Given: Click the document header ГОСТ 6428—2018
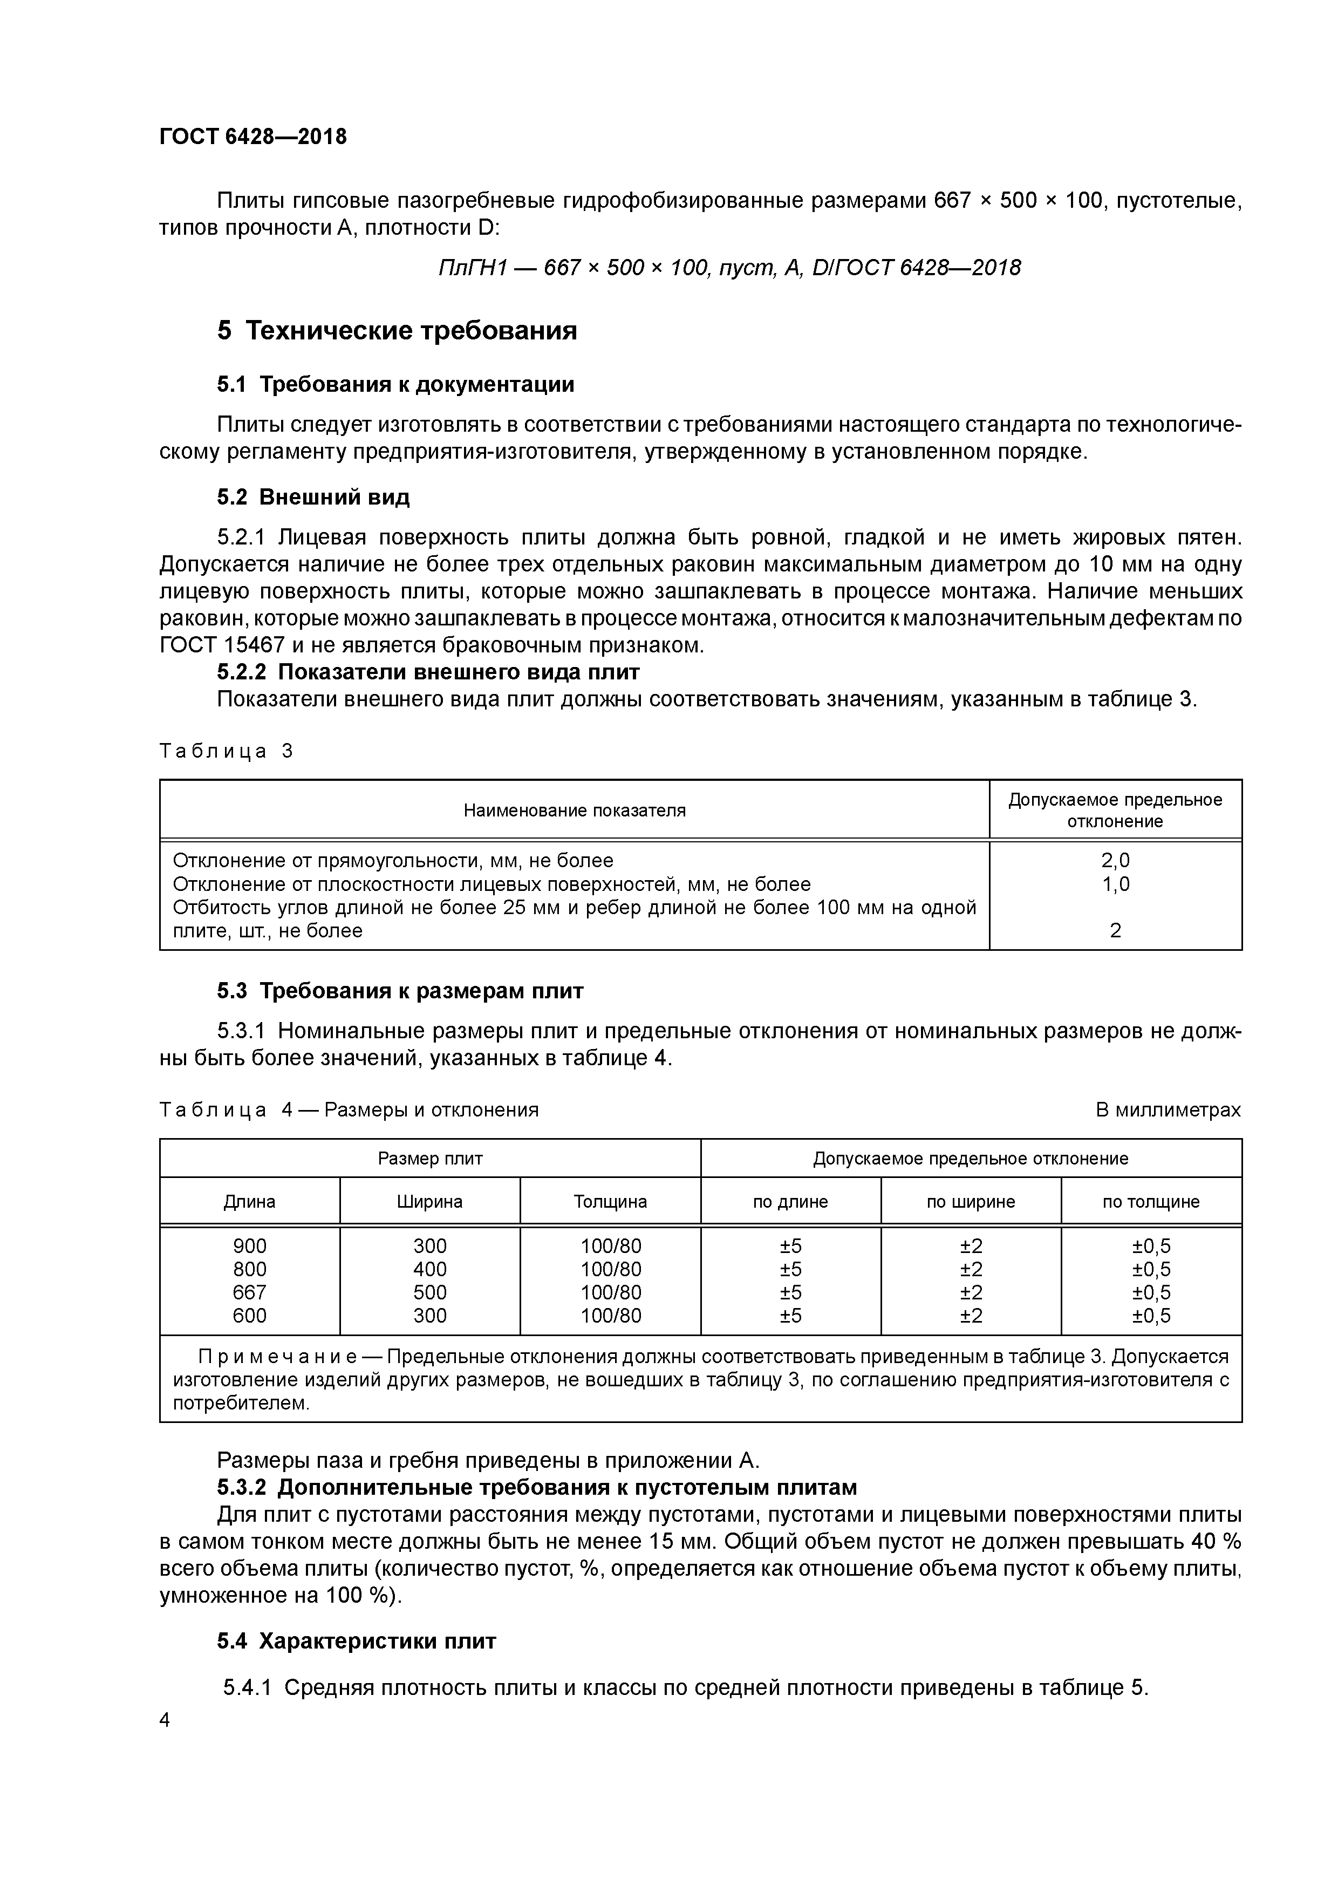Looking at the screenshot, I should pyautogui.click(x=253, y=137).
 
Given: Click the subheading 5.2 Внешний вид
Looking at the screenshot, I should pyautogui.click(x=313, y=497).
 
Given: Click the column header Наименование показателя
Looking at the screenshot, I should pyautogui.click(x=574, y=811).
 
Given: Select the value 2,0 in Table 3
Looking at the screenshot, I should pyautogui.click(x=1115, y=861).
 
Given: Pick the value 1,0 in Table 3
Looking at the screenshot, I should pyautogui.click(x=1115, y=884).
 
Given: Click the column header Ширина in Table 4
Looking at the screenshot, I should pyautogui.click(x=429, y=1202).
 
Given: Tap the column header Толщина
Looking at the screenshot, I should pyautogui.click(x=610, y=1202).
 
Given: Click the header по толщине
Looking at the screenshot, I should pyautogui.click(x=1151, y=1202).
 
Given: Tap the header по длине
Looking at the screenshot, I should pyautogui.click(x=790, y=1202).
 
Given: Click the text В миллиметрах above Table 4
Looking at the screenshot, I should pyautogui.click(x=1168, y=1111).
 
